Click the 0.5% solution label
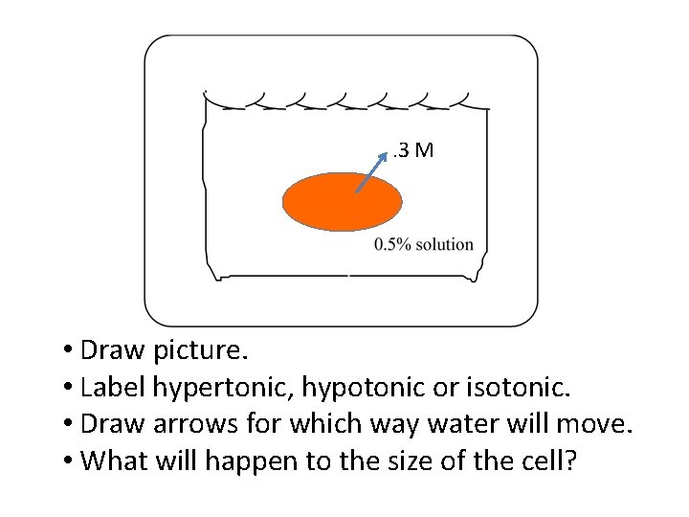pyautogui.click(x=424, y=244)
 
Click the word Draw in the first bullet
pyautogui.click(x=109, y=350)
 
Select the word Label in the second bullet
pyautogui.click(x=110, y=387)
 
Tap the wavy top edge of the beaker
pyautogui.click(x=344, y=100)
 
